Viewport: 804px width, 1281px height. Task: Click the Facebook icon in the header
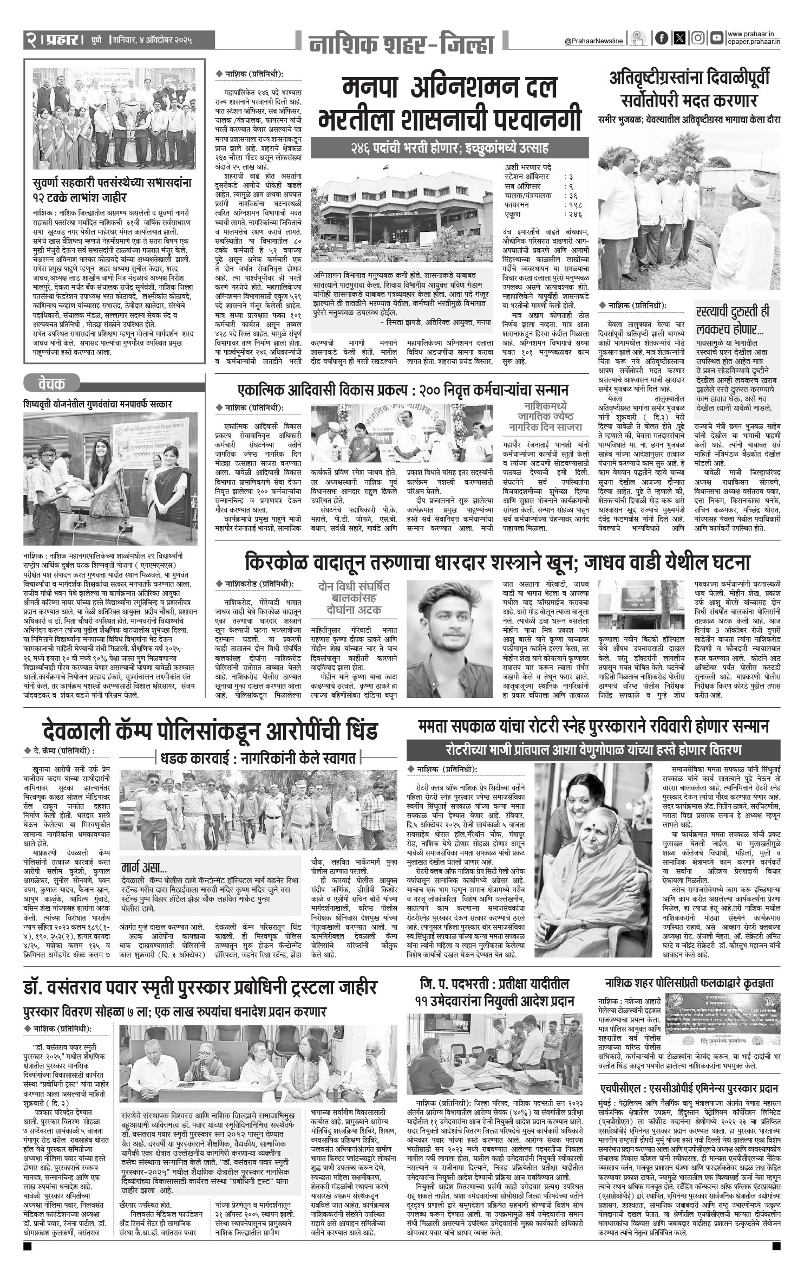(x=661, y=38)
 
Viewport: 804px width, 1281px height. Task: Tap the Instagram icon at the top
(x=698, y=38)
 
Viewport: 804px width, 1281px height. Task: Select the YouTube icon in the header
(x=717, y=38)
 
